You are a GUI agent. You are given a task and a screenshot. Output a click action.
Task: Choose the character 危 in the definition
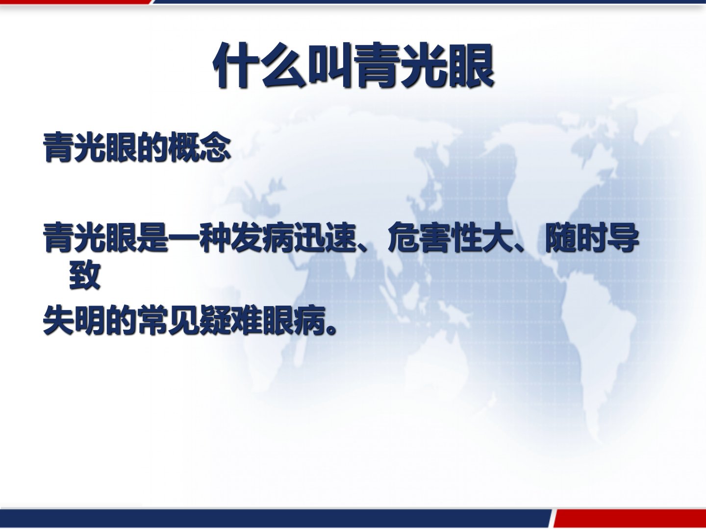(403, 238)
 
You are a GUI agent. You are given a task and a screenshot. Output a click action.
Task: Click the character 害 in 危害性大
(435, 238)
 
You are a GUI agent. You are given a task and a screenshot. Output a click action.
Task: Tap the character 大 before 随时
(498, 238)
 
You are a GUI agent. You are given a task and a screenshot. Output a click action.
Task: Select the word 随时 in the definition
(576, 238)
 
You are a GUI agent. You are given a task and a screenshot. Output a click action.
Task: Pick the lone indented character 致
(85, 275)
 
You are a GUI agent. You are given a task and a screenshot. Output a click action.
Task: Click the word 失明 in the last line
(75, 321)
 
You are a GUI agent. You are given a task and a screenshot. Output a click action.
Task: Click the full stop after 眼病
(331, 330)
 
